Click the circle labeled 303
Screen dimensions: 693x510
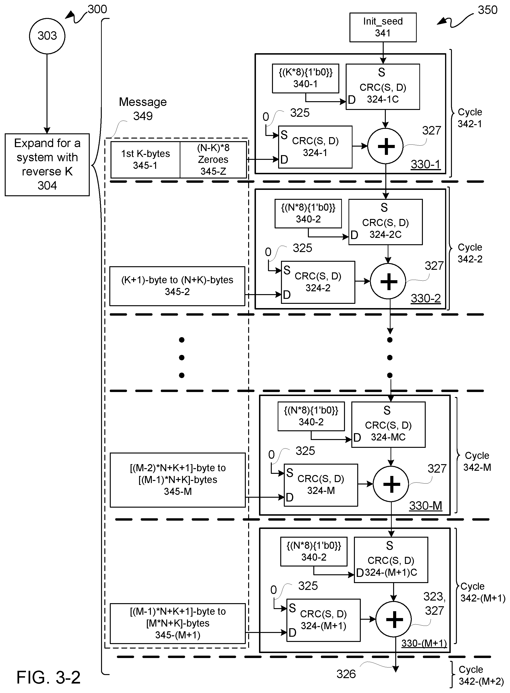(x=47, y=36)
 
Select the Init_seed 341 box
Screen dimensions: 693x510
(x=382, y=27)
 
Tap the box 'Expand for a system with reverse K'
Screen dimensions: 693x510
(x=47, y=164)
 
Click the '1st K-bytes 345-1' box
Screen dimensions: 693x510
(x=145, y=160)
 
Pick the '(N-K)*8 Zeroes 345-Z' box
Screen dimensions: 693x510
(x=213, y=160)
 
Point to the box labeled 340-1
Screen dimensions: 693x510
(x=305, y=78)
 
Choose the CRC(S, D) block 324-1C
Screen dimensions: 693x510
(x=382, y=87)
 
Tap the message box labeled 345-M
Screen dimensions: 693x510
(x=178, y=480)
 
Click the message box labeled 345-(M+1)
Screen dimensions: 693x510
(x=178, y=623)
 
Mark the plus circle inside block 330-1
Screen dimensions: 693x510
(x=385, y=146)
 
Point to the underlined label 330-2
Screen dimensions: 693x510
(x=425, y=299)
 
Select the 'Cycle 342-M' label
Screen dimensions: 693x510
(x=477, y=462)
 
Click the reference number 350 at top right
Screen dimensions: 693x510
(x=488, y=10)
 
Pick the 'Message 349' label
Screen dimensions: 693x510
(x=143, y=109)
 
